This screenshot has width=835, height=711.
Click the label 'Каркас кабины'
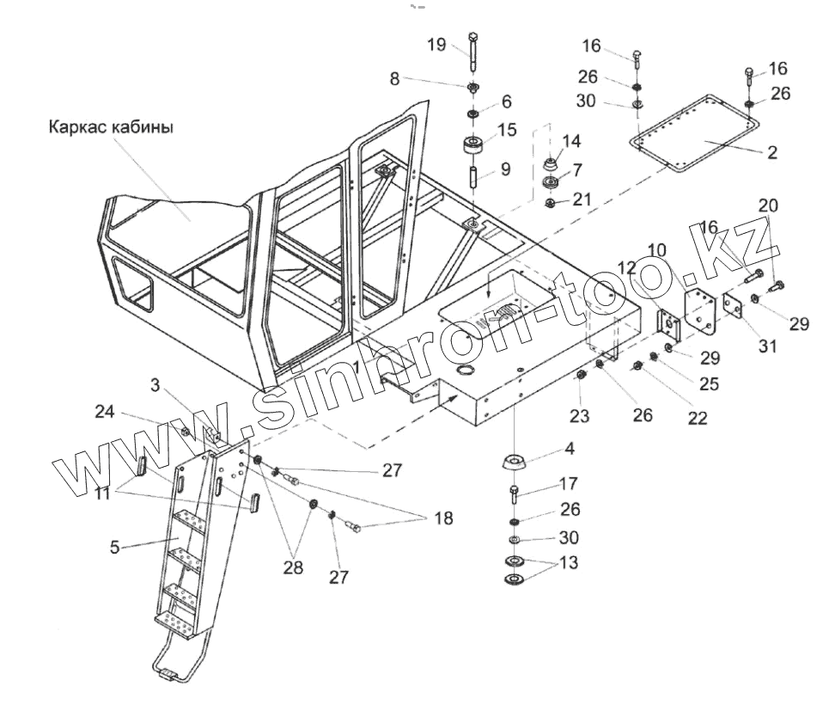(111, 127)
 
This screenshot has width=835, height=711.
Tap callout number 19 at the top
(436, 45)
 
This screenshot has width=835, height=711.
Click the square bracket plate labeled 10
(701, 309)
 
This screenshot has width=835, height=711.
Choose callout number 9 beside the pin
(505, 169)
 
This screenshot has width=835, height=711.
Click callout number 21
(582, 199)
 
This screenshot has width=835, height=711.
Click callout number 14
(571, 141)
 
